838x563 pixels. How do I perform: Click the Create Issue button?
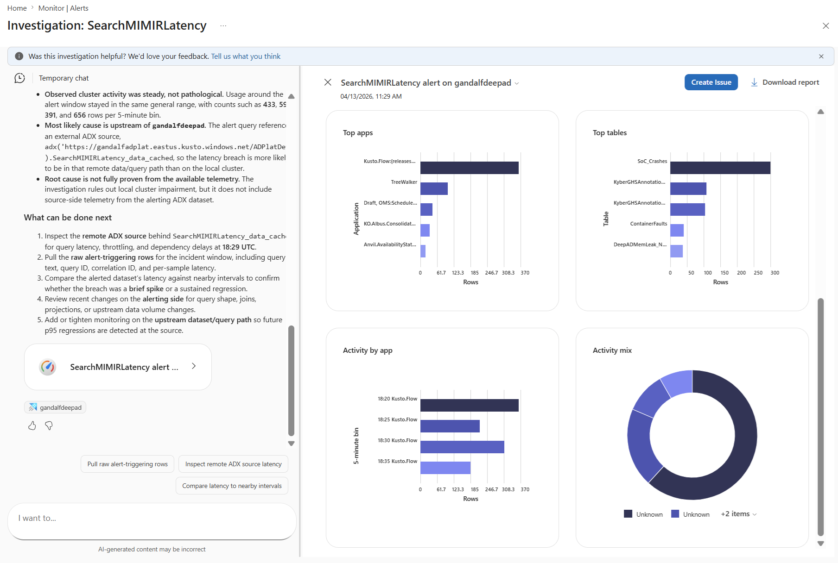[x=711, y=82]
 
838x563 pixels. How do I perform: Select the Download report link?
[x=785, y=82]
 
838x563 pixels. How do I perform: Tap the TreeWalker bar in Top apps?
[x=434, y=189]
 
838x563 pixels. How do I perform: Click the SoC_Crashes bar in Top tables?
[x=720, y=168]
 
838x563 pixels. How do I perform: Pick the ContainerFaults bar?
[x=677, y=231]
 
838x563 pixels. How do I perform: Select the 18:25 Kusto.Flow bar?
[x=450, y=426]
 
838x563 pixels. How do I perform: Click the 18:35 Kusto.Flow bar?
[x=445, y=468]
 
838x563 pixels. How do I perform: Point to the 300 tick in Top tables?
[x=775, y=273]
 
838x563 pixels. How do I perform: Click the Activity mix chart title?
[x=612, y=350]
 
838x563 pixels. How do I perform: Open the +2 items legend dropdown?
[x=738, y=514]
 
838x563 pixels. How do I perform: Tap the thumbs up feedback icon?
[x=32, y=425]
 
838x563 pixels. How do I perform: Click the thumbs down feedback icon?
[x=49, y=425]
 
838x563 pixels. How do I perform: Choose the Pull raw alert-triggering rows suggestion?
[x=127, y=464]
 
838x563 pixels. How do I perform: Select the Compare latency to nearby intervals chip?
[x=232, y=486]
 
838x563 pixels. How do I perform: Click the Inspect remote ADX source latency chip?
[x=233, y=464]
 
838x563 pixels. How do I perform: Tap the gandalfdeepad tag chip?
[x=55, y=407]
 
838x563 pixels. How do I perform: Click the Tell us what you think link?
[x=246, y=56]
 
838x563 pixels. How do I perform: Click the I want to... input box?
[x=152, y=519]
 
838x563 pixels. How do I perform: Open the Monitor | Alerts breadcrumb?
[x=63, y=8]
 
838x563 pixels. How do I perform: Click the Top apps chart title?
[x=357, y=133]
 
